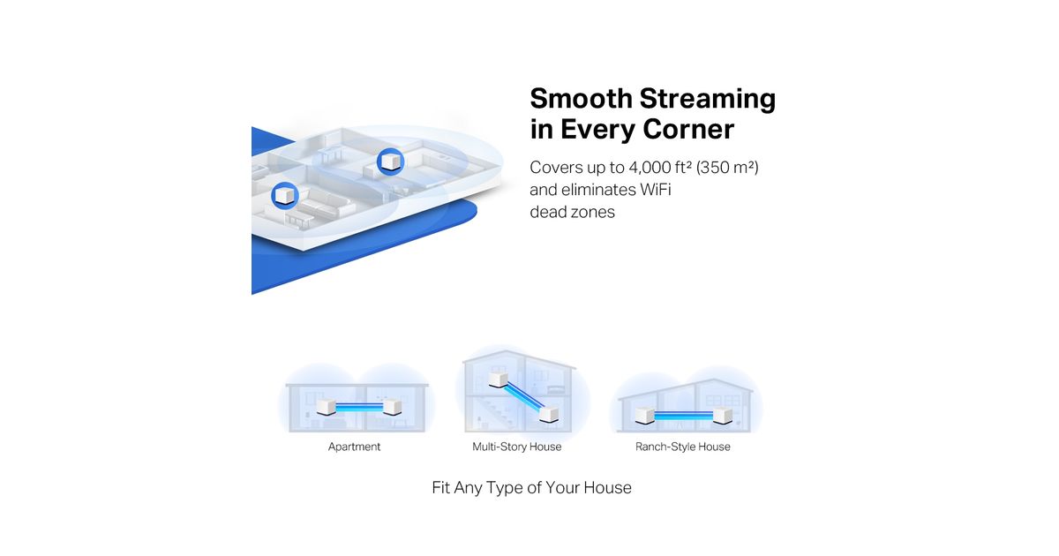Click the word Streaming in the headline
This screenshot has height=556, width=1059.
click(707, 99)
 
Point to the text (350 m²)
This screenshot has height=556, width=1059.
click(727, 168)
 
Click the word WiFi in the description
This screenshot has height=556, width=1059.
click(655, 190)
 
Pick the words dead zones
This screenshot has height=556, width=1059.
click(572, 212)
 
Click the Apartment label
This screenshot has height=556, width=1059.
click(354, 447)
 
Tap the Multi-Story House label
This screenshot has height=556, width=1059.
click(517, 447)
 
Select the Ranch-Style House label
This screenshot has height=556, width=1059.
click(683, 447)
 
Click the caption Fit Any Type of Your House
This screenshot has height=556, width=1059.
click(531, 487)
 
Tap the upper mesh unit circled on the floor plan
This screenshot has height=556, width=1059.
click(390, 162)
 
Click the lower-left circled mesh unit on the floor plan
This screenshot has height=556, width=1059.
click(284, 195)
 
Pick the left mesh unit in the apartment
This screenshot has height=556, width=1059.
click(326, 407)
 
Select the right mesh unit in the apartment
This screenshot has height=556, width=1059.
click(392, 407)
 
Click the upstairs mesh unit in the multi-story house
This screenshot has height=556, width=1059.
click(498, 380)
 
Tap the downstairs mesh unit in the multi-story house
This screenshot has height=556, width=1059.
click(549, 414)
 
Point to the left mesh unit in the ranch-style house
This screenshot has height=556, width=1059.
click(645, 415)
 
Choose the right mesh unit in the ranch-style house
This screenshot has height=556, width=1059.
click(723, 415)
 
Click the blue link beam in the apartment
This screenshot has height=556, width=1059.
click(359, 407)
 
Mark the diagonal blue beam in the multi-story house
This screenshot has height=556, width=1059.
click(524, 397)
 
